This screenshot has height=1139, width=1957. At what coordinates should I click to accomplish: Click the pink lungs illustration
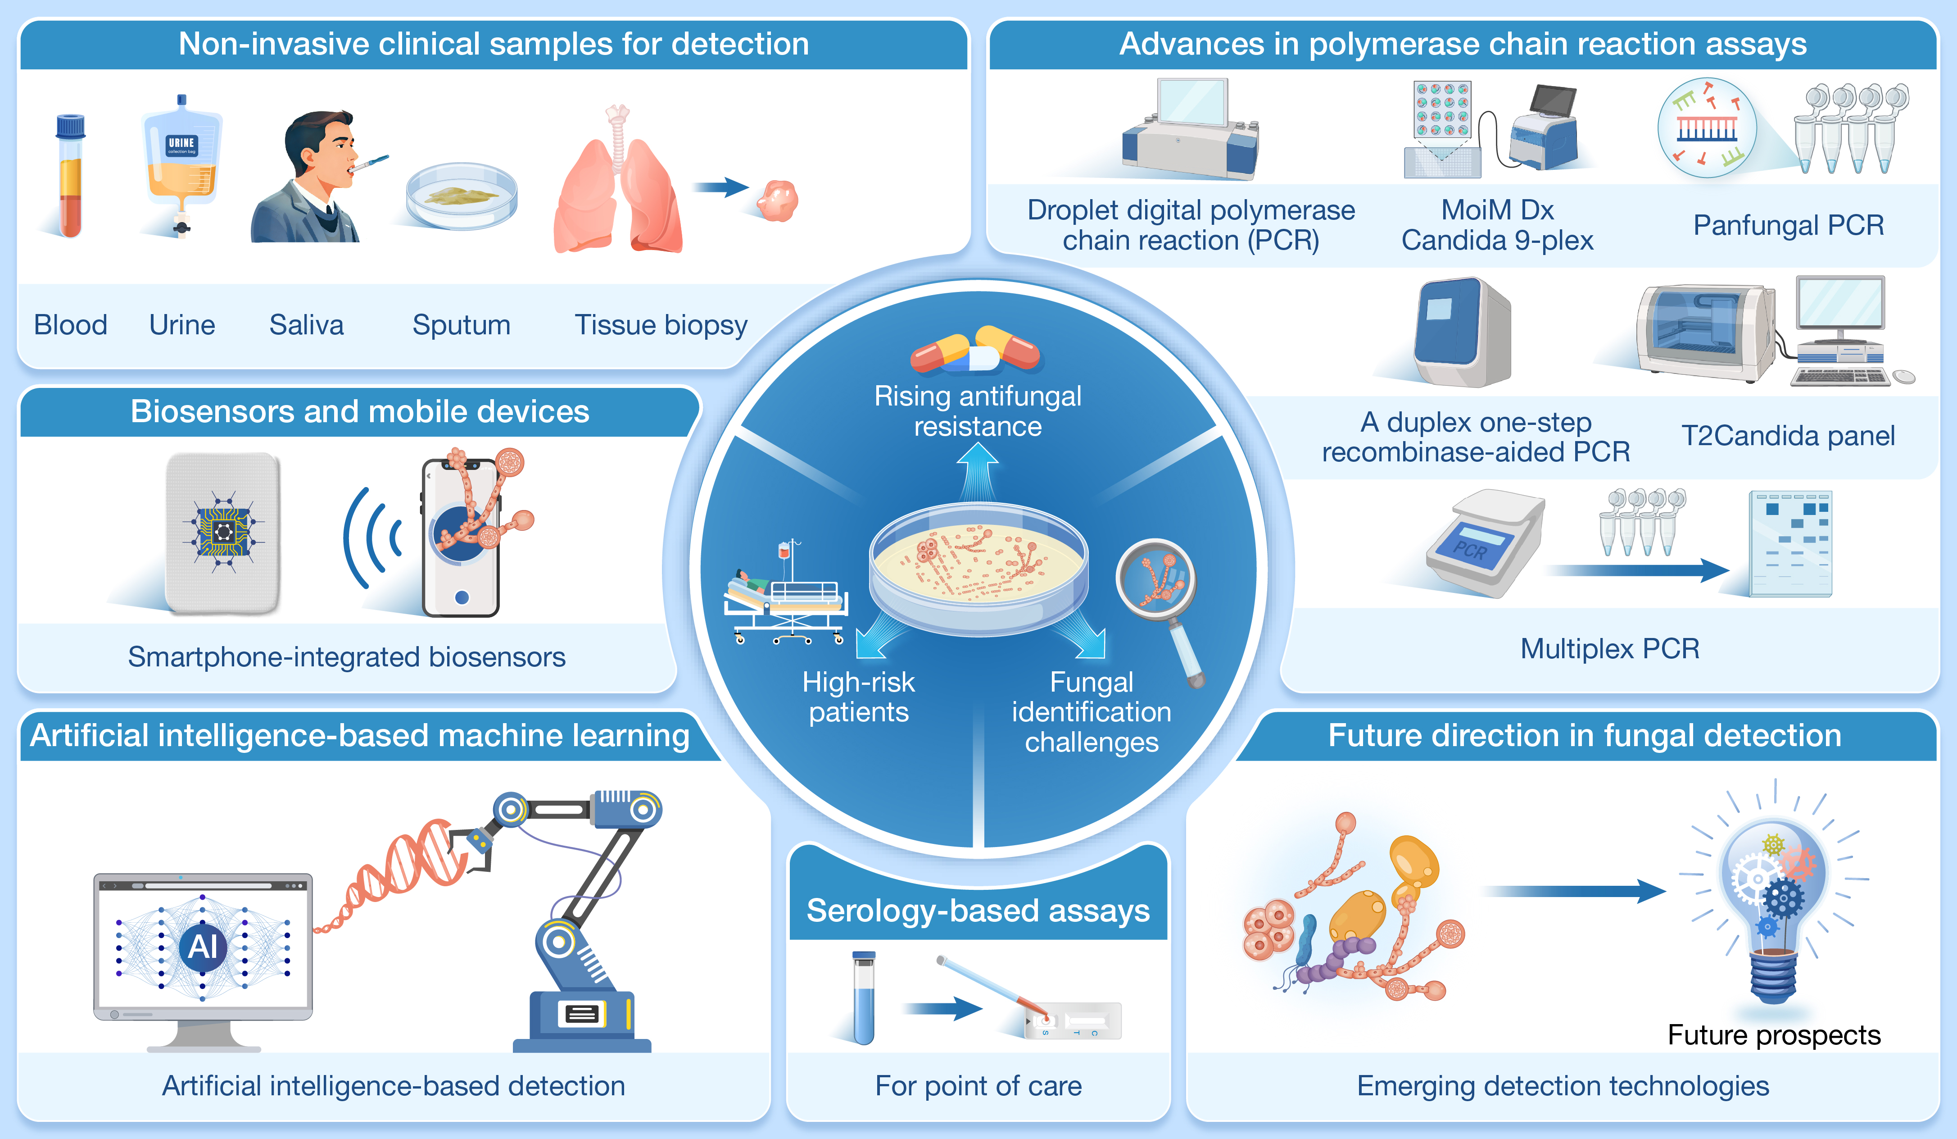[617, 190]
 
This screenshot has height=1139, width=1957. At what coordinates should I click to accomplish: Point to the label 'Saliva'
[306, 325]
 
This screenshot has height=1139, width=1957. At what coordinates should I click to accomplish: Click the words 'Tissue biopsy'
[661, 325]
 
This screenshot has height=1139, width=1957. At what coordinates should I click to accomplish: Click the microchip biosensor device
[223, 533]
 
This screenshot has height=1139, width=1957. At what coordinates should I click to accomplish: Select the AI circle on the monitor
[203, 946]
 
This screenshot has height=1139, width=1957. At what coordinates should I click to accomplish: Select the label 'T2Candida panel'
[1788, 436]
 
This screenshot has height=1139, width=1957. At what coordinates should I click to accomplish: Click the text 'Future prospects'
[1774, 1035]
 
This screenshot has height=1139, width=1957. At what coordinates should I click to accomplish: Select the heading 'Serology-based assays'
[978, 911]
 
